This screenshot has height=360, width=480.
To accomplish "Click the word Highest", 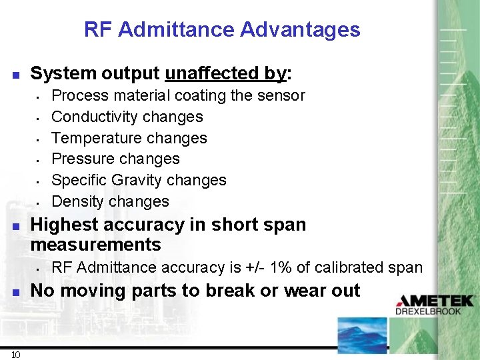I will [x=63, y=225].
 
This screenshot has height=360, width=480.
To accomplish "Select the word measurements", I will [x=96, y=245].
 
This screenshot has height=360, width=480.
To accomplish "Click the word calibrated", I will [x=353, y=267].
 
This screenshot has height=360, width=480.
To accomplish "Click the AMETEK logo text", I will [x=434, y=301].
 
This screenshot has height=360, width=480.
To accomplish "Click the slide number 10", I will [x=15, y=354].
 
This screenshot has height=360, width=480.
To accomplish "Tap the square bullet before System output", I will [x=16, y=74].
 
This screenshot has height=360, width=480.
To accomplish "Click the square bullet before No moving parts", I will [x=16, y=292].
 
